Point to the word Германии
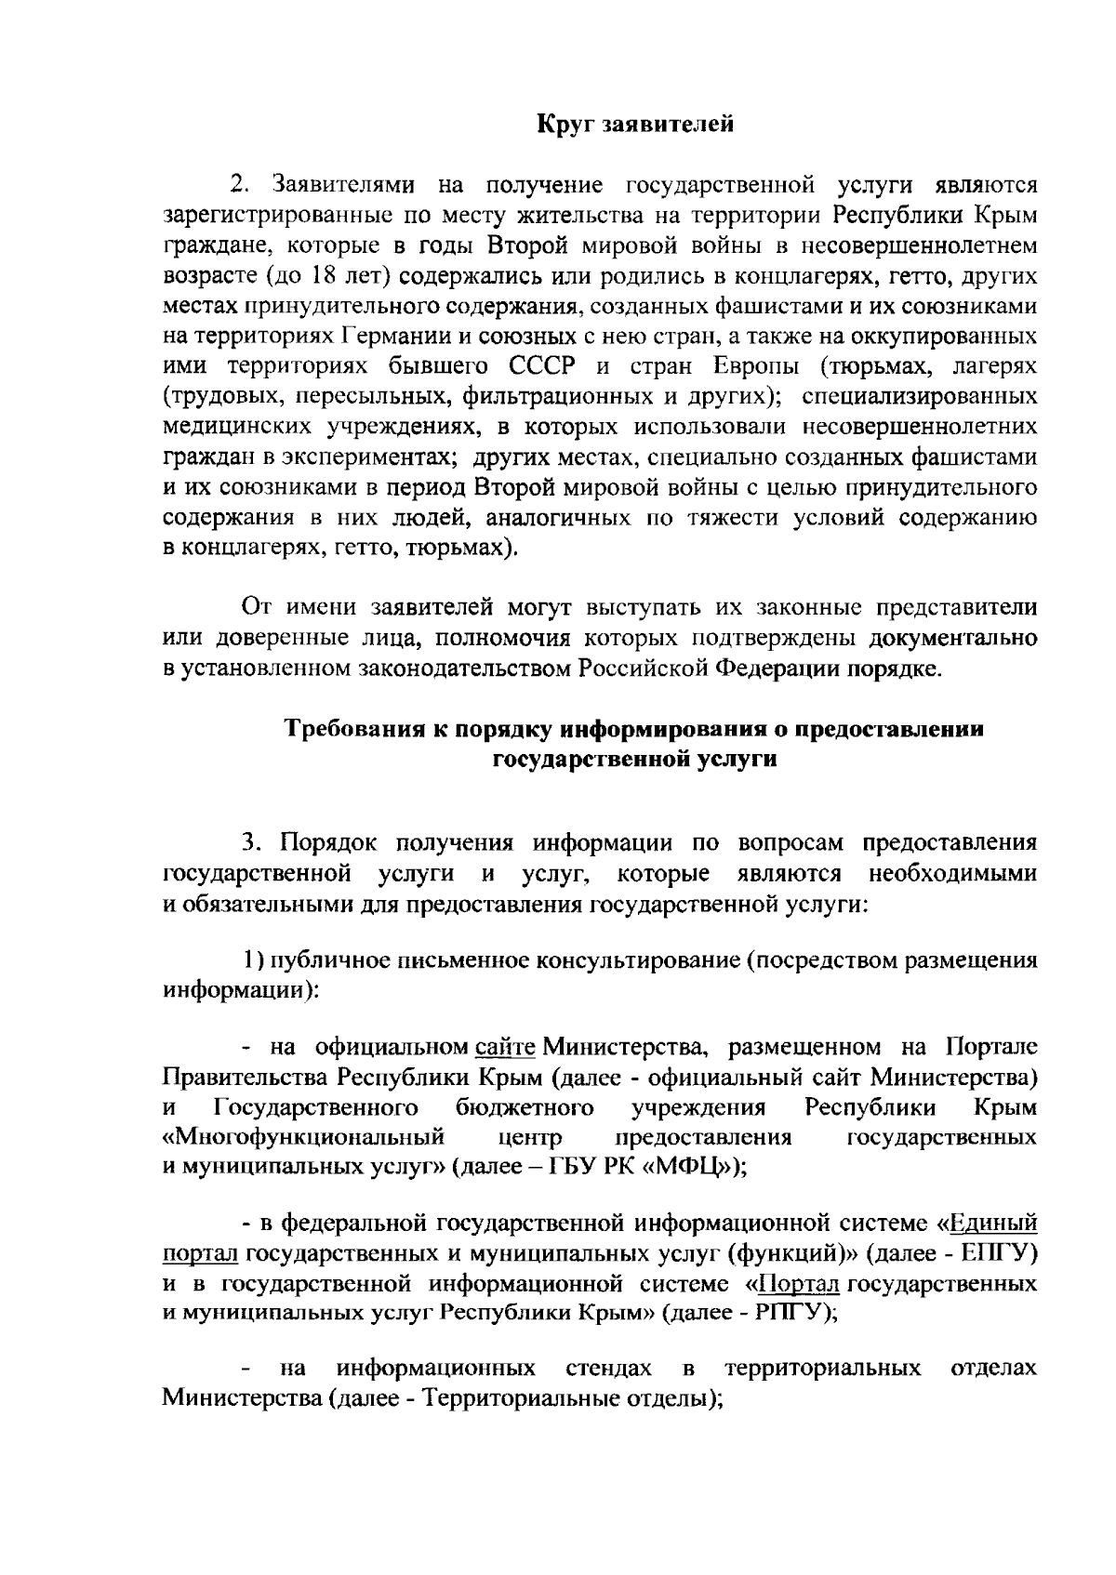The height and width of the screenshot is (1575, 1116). coord(403,337)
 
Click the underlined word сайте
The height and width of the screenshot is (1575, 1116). coord(505,1048)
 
